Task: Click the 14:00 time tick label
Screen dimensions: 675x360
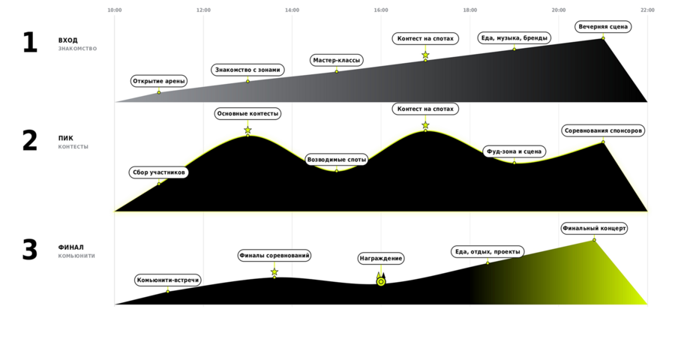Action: (292, 10)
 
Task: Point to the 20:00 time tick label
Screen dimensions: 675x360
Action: (559, 10)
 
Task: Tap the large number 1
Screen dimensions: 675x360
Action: (30, 43)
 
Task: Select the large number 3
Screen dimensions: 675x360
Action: (30, 250)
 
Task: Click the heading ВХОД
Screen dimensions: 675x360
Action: (68, 40)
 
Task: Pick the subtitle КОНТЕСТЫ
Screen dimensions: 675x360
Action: (73, 147)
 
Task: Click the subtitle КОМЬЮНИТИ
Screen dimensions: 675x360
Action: (76, 256)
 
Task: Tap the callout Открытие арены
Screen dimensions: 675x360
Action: (159, 81)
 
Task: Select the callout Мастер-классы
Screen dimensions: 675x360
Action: (337, 60)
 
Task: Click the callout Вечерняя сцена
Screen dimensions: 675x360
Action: (603, 27)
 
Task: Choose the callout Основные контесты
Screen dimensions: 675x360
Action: (247, 114)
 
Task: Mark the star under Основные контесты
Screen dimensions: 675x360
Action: (247, 130)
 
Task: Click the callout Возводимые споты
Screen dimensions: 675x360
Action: (337, 160)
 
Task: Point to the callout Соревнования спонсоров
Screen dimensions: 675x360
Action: (603, 131)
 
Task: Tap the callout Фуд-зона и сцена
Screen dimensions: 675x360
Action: (514, 151)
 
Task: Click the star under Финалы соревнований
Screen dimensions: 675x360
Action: (274, 272)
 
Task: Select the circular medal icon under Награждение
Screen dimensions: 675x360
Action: (381, 282)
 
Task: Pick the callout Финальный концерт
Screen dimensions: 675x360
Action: (594, 228)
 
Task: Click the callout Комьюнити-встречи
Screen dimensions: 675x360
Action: (168, 280)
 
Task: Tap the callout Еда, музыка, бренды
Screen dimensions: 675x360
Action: (514, 38)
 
